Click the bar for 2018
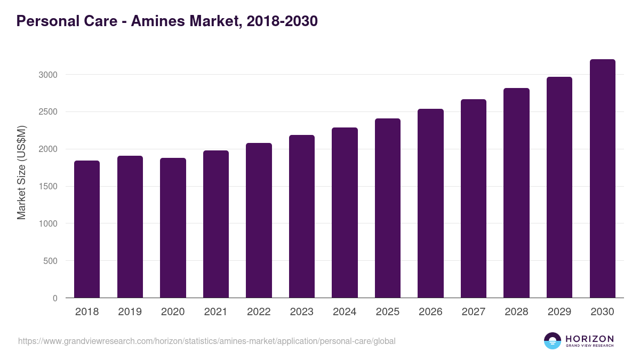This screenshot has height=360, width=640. (87, 229)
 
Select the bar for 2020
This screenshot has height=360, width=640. (173, 228)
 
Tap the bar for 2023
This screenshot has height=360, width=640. (302, 217)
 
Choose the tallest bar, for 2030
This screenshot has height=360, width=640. (602, 179)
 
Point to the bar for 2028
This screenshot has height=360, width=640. (516, 193)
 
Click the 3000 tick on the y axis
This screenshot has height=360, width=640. (47, 75)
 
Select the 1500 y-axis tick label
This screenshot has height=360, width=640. (47, 187)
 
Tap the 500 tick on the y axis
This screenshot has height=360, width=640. (50, 261)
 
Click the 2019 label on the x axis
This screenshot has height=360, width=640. (130, 312)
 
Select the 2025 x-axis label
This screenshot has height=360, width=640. (387, 312)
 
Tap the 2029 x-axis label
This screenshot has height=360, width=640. (559, 312)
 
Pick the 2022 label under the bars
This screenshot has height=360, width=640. (259, 312)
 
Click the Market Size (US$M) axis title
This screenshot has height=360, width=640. (21, 173)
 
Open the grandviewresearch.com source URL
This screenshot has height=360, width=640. (207, 341)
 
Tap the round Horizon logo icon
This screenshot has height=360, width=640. (553, 341)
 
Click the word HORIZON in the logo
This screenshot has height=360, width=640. (590, 338)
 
